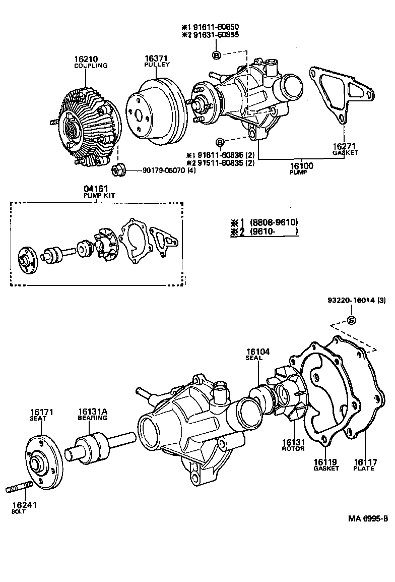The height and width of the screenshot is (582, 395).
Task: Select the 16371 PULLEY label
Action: pos(156,61)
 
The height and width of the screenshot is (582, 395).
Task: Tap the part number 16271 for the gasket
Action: pos(345,146)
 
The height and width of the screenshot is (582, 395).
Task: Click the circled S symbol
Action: pos(352,321)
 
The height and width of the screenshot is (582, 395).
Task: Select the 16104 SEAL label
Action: pos(255,355)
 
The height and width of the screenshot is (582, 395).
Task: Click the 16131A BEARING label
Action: pos(92,415)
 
